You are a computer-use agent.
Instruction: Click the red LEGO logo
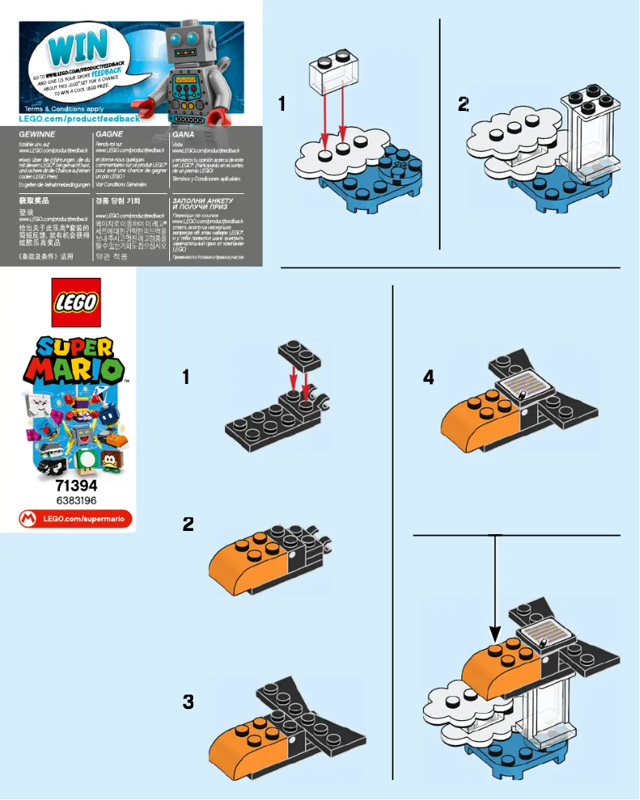coord(76,302)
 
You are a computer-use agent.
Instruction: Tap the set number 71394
coord(76,487)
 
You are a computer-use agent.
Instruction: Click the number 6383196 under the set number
coord(76,501)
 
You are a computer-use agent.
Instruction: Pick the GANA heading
coord(183,135)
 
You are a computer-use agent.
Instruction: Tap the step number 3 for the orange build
coord(188,702)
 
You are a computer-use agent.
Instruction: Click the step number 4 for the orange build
coord(429,378)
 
